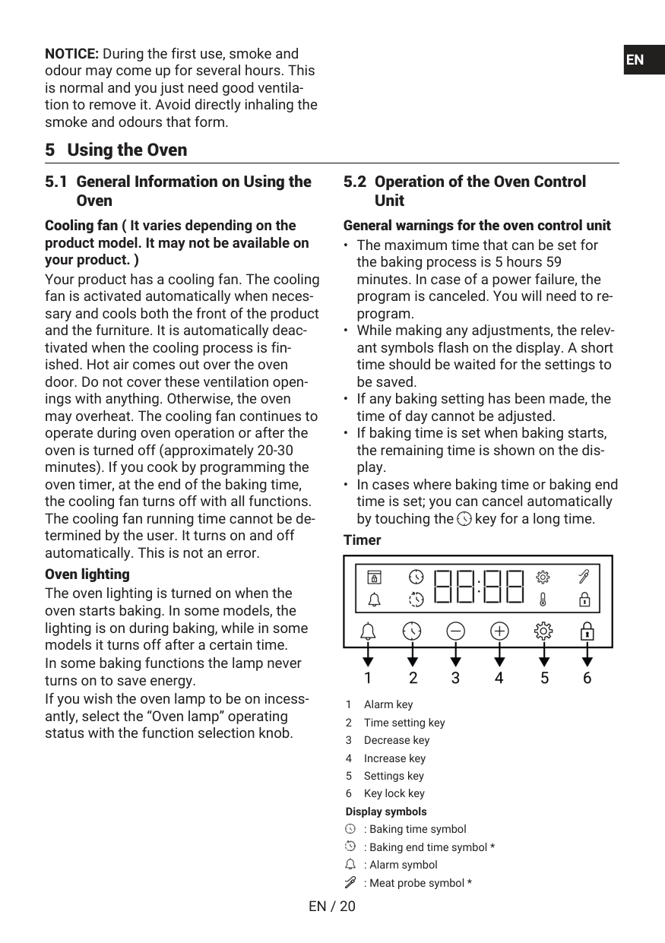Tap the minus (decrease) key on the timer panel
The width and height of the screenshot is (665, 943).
pyautogui.click(x=455, y=631)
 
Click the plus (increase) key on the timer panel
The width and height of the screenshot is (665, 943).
pyautogui.click(x=499, y=631)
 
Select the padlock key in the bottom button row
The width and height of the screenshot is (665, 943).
pyautogui.click(x=587, y=631)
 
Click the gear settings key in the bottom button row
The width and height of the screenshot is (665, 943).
pyautogui.click(x=543, y=631)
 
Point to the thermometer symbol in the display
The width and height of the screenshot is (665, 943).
pyautogui.click(x=543, y=600)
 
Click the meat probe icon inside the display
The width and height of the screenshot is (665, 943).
pyautogui.click(x=584, y=577)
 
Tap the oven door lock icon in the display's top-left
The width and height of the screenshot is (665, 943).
pyautogui.click(x=374, y=577)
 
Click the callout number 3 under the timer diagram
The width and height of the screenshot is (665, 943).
pyautogui.click(x=455, y=678)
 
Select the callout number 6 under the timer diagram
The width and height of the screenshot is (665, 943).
pyautogui.click(x=587, y=678)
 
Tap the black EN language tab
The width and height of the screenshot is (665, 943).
pyautogui.click(x=635, y=60)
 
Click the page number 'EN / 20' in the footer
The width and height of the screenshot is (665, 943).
pyautogui.click(x=332, y=906)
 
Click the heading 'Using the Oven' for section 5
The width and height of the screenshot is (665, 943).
pyautogui.click(x=127, y=150)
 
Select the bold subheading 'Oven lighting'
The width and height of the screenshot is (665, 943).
pyautogui.click(x=87, y=574)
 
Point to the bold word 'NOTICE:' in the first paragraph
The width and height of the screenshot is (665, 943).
pyautogui.click(x=72, y=54)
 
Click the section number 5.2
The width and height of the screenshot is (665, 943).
pyautogui.click(x=355, y=182)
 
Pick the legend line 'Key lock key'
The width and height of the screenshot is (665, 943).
pyautogui.click(x=394, y=793)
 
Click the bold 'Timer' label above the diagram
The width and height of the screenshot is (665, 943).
pyautogui.click(x=363, y=540)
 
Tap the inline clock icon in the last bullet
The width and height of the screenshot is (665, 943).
pyautogui.click(x=464, y=519)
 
